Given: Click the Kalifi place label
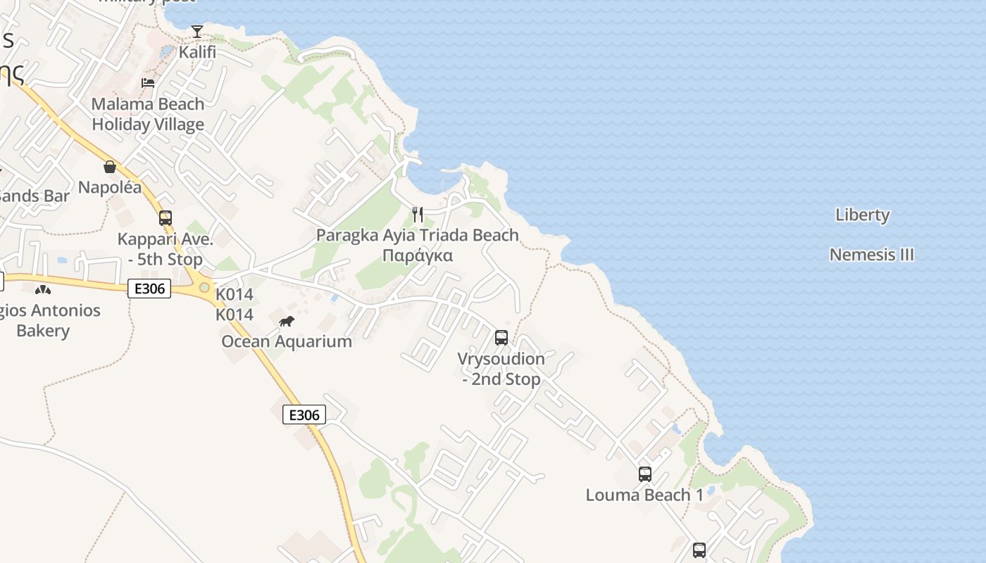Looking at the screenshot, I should point(197,52).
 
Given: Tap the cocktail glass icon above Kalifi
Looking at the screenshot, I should point(197,32).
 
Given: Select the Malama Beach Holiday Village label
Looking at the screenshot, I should point(148,114).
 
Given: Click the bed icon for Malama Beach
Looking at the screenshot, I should point(148,82).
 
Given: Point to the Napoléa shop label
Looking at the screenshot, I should point(110,187).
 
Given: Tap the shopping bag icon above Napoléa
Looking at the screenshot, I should point(110,167).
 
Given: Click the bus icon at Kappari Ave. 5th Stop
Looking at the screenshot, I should point(166,218).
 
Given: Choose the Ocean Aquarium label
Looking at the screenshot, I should point(287,341).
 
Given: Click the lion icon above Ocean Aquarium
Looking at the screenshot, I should point(287,322).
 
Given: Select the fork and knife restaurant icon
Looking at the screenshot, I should point(418,215).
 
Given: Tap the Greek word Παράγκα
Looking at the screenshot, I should point(418,255).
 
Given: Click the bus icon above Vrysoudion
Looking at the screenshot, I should point(501,338).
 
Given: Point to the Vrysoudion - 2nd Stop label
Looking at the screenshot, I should point(501,369).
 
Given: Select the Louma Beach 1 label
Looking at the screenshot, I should point(644,495).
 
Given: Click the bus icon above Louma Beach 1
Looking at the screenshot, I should point(645,474).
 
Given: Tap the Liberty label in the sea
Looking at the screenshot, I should point(863,215).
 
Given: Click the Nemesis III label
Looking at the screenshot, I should point(872,254).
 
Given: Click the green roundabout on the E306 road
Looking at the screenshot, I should point(204,287).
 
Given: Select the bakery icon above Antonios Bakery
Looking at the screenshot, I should point(43,289).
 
